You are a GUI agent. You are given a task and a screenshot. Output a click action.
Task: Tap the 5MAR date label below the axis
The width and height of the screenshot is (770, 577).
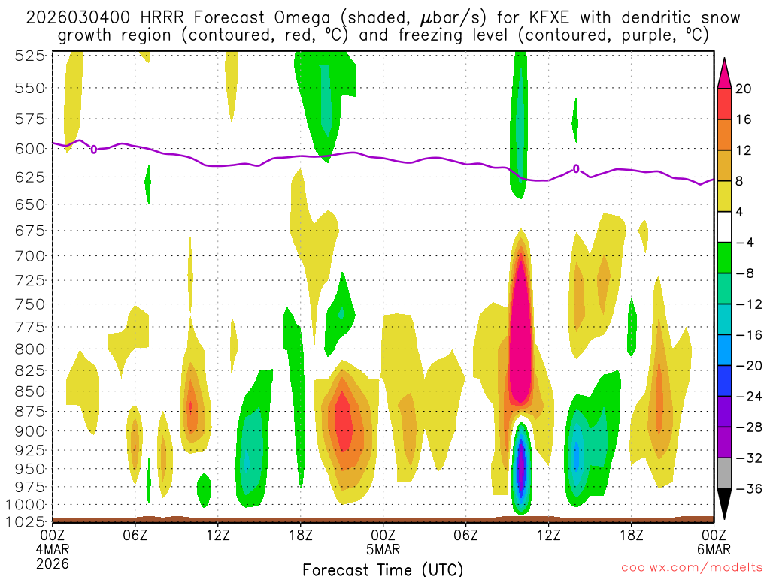pos(383,548)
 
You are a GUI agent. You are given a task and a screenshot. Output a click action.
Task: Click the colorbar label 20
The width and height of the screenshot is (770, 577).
pos(744,89)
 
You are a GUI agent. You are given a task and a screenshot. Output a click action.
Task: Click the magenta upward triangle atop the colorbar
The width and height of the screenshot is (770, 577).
pos(724,71)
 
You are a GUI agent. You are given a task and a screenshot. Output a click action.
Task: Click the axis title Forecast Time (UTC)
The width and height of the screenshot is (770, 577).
pos(383,569)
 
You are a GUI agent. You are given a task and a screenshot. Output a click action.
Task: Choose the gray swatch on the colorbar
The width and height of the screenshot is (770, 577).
pos(724,473)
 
